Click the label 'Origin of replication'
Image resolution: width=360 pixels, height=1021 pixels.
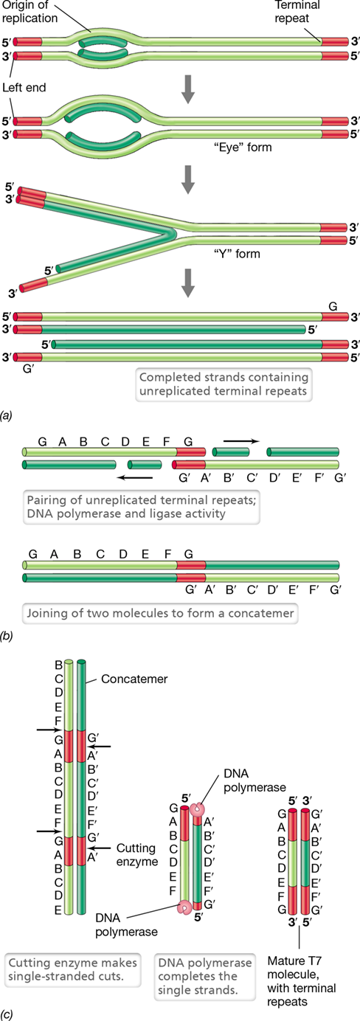click(30, 12)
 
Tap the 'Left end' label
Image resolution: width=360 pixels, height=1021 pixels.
click(24, 87)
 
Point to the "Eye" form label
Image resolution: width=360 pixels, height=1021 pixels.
click(243, 147)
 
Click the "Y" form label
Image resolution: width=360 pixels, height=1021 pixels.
click(237, 254)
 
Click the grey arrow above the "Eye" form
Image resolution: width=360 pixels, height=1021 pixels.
click(188, 91)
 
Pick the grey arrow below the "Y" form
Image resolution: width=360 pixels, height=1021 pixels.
click(188, 283)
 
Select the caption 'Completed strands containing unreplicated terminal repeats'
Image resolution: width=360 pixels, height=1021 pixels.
click(224, 384)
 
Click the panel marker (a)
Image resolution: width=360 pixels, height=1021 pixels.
click(7, 415)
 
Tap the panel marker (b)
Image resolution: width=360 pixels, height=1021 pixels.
click(7, 636)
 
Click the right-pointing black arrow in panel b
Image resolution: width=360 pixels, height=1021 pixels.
click(241, 441)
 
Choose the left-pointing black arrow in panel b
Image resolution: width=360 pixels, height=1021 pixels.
click(134, 478)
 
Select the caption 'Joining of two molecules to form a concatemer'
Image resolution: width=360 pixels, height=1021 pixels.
click(160, 612)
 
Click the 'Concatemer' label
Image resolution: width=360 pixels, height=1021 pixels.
click(134, 679)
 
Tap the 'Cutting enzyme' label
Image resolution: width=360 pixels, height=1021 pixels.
click(137, 854)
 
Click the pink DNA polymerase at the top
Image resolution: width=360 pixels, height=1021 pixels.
click(198, 809)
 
